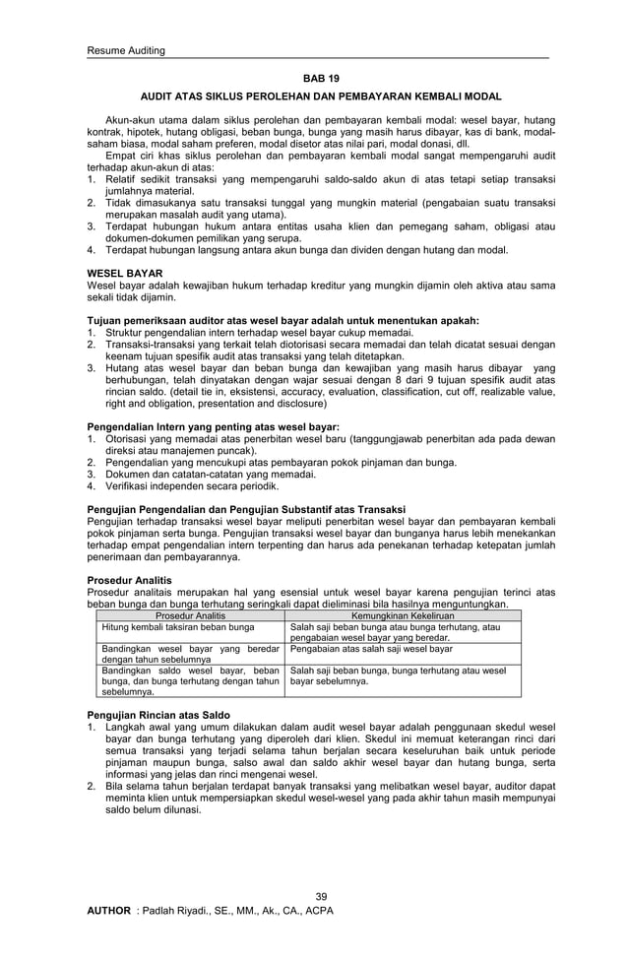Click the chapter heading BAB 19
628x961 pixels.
click(x=320, y=76)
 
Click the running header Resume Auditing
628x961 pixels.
click(x=126, y=51)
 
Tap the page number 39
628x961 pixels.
click(x=320, y=895)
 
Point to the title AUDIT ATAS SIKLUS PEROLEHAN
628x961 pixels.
click(x=320, y=96)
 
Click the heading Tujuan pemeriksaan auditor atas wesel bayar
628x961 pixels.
click(x=283, y=320)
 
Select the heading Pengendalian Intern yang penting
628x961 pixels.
click(x=213, y=426)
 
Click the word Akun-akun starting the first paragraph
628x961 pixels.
click(x=130, y=120)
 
